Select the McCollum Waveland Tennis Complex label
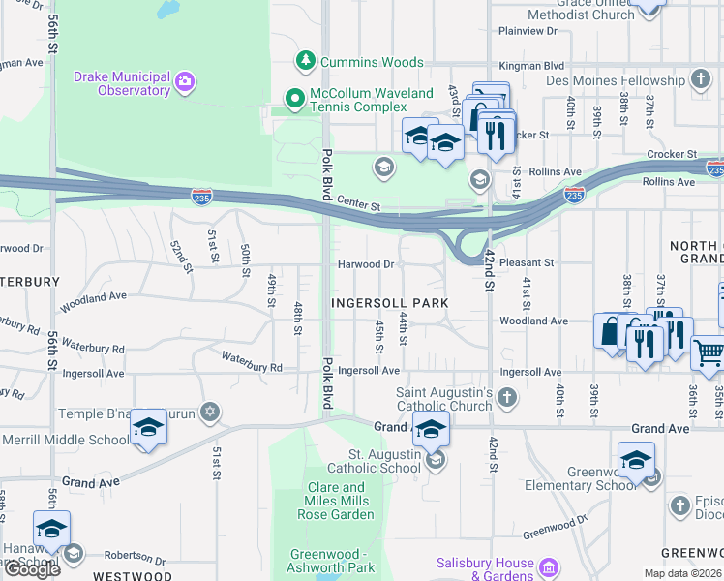tap(357, 100)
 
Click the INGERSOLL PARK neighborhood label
tap(390, 303)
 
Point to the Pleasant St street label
tap(528, 262)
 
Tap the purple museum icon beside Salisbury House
tap(549, 566)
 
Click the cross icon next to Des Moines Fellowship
tap(701, 79)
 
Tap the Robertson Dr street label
tap(136, 557)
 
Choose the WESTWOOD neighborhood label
tap(132, 576)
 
